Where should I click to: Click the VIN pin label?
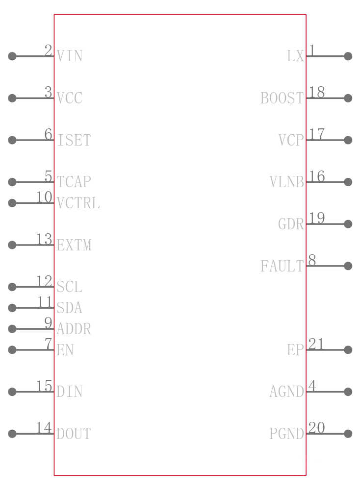click(x=70, y=56)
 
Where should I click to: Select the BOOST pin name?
click(x=282, y=98)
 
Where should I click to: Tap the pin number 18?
click(x=316, y=92)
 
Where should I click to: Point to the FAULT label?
click(x=282, y=266)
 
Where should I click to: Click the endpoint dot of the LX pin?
click(x=348, y=56)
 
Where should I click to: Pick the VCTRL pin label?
click(x=78, y=203)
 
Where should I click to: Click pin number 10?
click(x=45, y=197)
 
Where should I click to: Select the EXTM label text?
click(x=74, y=245)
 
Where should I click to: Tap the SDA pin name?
click(x=70, y=308)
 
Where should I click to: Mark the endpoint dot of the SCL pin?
click(x=12, y=287)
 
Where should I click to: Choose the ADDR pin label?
click(x=74, y=329)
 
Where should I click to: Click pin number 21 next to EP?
click(x=316, y=344)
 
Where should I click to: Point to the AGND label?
click(x=286, y=392)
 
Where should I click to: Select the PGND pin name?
click(x=286, y=434)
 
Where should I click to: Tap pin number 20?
click(x=316, y=428)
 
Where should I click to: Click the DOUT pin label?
click(x=74, y=434)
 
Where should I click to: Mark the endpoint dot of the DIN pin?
click(x=12, y=392)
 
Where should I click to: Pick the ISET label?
click(x=74, y=140)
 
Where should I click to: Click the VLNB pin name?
click(x=286, y=182)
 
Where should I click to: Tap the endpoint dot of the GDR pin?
click(x=348, y=224)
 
